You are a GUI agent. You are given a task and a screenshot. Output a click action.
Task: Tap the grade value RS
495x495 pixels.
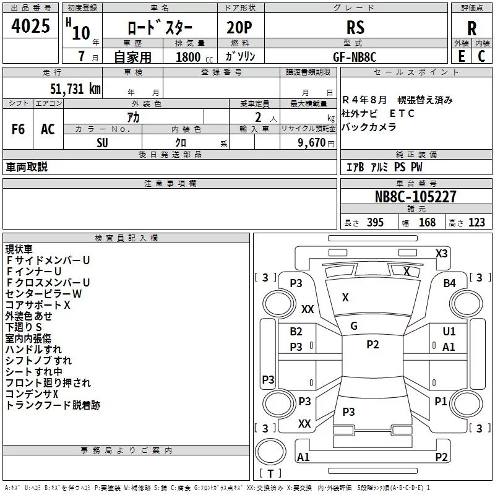pos(355,28)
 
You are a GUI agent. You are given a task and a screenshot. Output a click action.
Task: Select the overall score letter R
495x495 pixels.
pos(471,28)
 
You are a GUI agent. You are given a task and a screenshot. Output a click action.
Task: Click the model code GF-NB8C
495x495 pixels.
pos(355,56)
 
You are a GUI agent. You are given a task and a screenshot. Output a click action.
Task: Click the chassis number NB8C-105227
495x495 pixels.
pos(416,197)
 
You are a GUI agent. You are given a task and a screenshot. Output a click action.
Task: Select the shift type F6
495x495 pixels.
pos(19,129)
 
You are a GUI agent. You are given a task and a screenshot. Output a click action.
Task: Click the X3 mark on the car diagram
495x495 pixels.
pos(441,254)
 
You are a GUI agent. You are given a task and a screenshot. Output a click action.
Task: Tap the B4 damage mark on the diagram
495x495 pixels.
pos(449,283)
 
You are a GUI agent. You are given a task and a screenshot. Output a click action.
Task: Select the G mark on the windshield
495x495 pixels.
pos(354,325)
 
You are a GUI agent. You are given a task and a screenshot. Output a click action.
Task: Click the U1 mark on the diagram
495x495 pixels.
pos(449,332)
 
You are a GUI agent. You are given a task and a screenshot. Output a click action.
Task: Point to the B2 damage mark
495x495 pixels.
pos(296,332)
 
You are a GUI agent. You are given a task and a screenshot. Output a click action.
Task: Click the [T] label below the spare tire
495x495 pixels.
pos(270,474)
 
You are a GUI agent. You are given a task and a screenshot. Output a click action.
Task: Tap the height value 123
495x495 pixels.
pos(476,223)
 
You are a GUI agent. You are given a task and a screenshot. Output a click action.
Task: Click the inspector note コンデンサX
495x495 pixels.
pos(32,394)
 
